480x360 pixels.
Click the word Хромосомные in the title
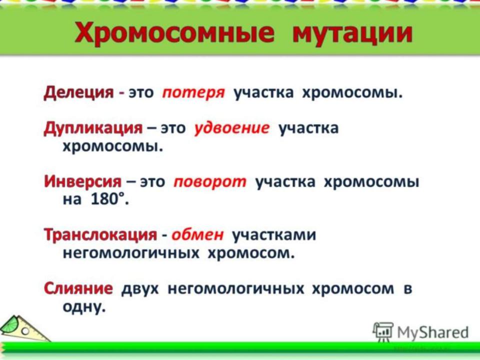(x=174, y=33)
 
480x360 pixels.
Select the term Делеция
(x=78, y=92)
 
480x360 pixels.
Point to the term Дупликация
(x=93, y=128)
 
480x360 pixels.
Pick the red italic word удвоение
(x=231, y=128)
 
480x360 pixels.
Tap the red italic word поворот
(x=210, y=182)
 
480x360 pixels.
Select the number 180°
(x=109, y=199)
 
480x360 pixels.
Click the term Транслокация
(x=100, y=235)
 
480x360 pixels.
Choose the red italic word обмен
(x=197, y=235)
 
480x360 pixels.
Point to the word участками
(x=274, y=235)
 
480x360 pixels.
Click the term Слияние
(x=78, y=288)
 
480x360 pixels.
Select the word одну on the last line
(x=84, y=306)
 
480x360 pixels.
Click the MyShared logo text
(x=433, y=332)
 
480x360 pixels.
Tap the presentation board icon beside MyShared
(x=382, y=332)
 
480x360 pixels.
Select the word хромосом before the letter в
(x=353, y=289)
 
